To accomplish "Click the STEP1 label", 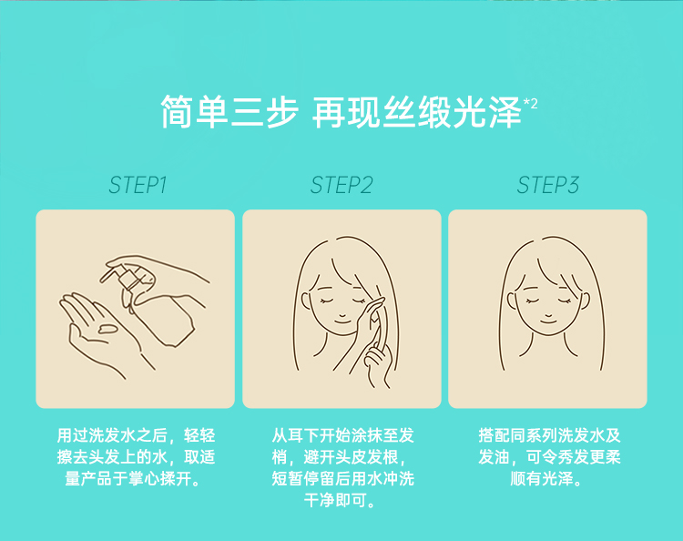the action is [138, 185].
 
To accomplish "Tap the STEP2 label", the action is [341, 185].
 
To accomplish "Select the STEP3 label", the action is [548, 185].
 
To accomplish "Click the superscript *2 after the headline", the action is [531, 104].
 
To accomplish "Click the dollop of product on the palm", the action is [107, 328].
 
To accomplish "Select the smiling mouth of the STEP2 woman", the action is [341, 322].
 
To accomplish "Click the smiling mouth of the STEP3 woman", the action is [548, 322].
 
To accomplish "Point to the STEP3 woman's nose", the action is [548, 314].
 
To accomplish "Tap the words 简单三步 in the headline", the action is [229, 112].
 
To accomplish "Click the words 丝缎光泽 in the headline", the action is [452, 112].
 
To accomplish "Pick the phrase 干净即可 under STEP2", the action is [334, 501].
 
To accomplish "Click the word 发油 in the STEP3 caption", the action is [494, 457].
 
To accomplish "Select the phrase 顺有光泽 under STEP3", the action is [542, 479].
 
